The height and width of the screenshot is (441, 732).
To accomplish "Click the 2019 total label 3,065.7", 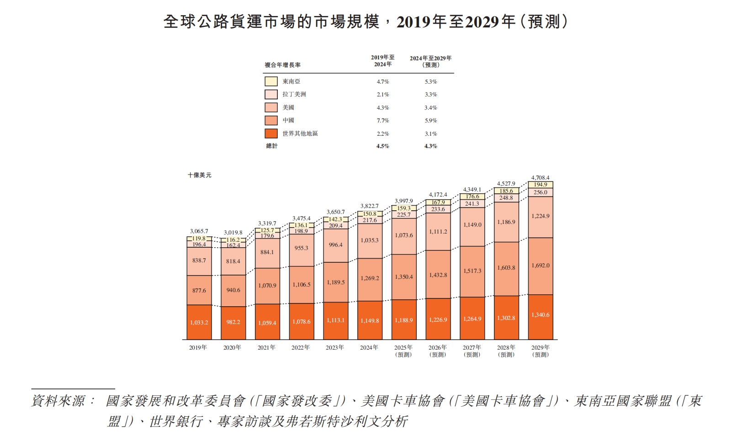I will click(199, 231).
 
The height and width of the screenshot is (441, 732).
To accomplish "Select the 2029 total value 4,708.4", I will click(540, 178).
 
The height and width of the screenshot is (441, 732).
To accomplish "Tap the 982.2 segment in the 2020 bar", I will click(233, 322).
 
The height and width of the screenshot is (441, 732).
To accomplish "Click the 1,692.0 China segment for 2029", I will click(541, 266).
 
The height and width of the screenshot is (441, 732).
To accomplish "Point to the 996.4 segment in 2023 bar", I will click(335, 245).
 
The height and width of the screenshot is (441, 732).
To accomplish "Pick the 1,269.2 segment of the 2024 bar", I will click(370, 278).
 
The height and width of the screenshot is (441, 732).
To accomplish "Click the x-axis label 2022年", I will click(301, 348).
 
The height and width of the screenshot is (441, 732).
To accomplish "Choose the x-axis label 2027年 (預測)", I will click(472, 351).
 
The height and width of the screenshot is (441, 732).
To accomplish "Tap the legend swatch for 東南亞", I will click(271, 81).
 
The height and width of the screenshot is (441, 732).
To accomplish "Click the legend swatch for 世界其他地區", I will click(271, 133).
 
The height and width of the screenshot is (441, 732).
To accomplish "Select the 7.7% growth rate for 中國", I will click(382, 121).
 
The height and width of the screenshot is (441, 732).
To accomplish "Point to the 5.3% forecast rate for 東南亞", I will click(430, 82).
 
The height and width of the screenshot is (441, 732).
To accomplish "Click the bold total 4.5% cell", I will click(382, 146).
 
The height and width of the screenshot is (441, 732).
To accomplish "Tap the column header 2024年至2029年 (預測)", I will click(430, 61).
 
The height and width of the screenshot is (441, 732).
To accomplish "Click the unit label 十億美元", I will click(200, 175).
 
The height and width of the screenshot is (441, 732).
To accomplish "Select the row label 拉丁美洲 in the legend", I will click(294, 94).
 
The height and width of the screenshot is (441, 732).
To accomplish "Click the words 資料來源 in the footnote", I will click(58, 401).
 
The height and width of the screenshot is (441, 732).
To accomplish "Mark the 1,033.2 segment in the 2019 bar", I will click(199, 323).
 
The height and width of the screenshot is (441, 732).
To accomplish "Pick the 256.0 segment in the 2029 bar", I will click(540, 192).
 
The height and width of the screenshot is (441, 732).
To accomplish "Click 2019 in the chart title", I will click(414, 21).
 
